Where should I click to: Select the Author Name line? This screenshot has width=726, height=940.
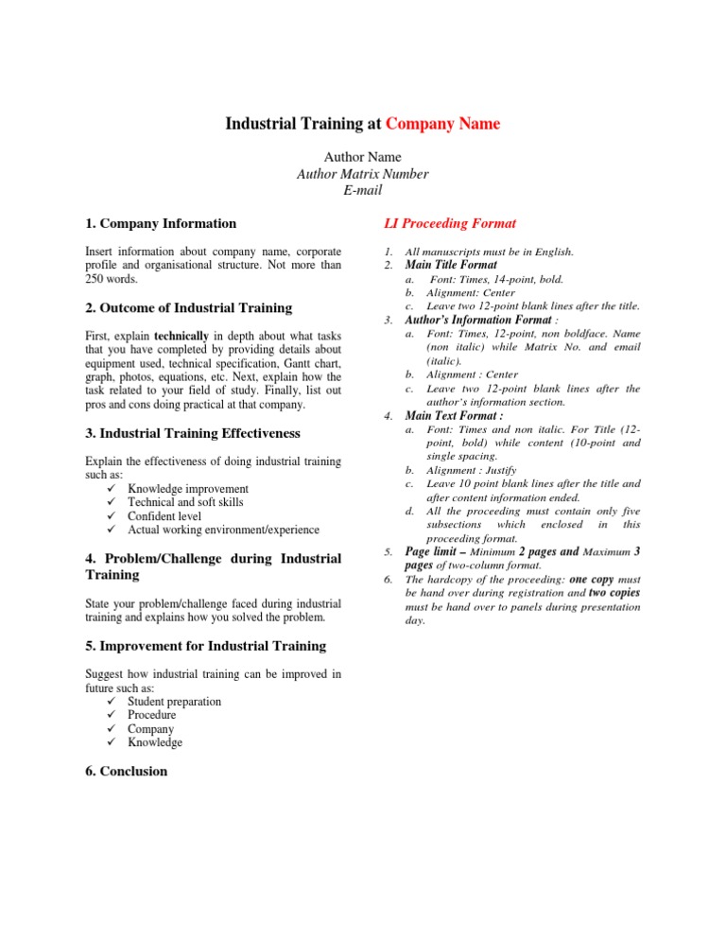pos(362,156)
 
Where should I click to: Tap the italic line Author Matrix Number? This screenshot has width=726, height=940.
pos(362,173)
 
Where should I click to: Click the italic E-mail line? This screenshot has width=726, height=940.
pos(362,190)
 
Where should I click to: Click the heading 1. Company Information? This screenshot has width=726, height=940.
pos(161,224)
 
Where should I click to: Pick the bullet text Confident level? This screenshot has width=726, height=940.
pos(164,516)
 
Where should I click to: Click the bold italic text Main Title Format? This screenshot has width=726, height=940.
pos(450,266)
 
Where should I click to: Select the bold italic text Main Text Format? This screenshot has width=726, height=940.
pos(454,415)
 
